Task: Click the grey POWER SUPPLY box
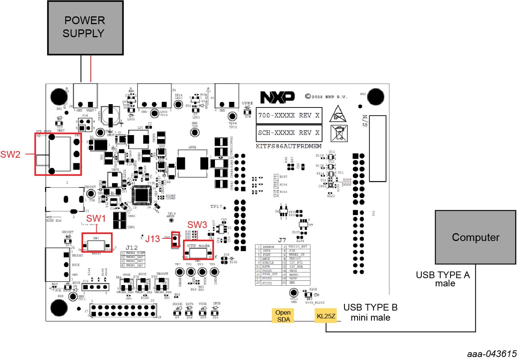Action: [x=85, y=28]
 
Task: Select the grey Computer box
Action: [x=475, y=237]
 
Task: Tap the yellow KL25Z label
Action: [x=326, y=316]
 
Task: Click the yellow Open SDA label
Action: [x=283, y=316]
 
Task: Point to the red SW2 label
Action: [x=10, y=154]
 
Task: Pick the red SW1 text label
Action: [x=96, y=218]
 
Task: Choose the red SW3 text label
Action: [x=197, y=225]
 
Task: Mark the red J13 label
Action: [x=152, y=239]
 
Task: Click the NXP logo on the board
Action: [x=277, y=97]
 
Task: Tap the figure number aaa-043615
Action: [x=492, y=354]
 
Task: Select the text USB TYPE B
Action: [x=370, y=308]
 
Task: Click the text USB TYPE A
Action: [x=443, y=275]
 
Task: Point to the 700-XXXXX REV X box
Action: [x=289, y=115]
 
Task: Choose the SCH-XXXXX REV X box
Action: [x=289, y=133]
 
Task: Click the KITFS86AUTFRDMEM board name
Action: [x=289, y=146]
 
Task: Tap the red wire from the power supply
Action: [x=91, y=69]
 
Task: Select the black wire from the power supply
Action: [x=81, y=69]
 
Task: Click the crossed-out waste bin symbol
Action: [x=339, y=133]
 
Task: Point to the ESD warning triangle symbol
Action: [x=338, y=114]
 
